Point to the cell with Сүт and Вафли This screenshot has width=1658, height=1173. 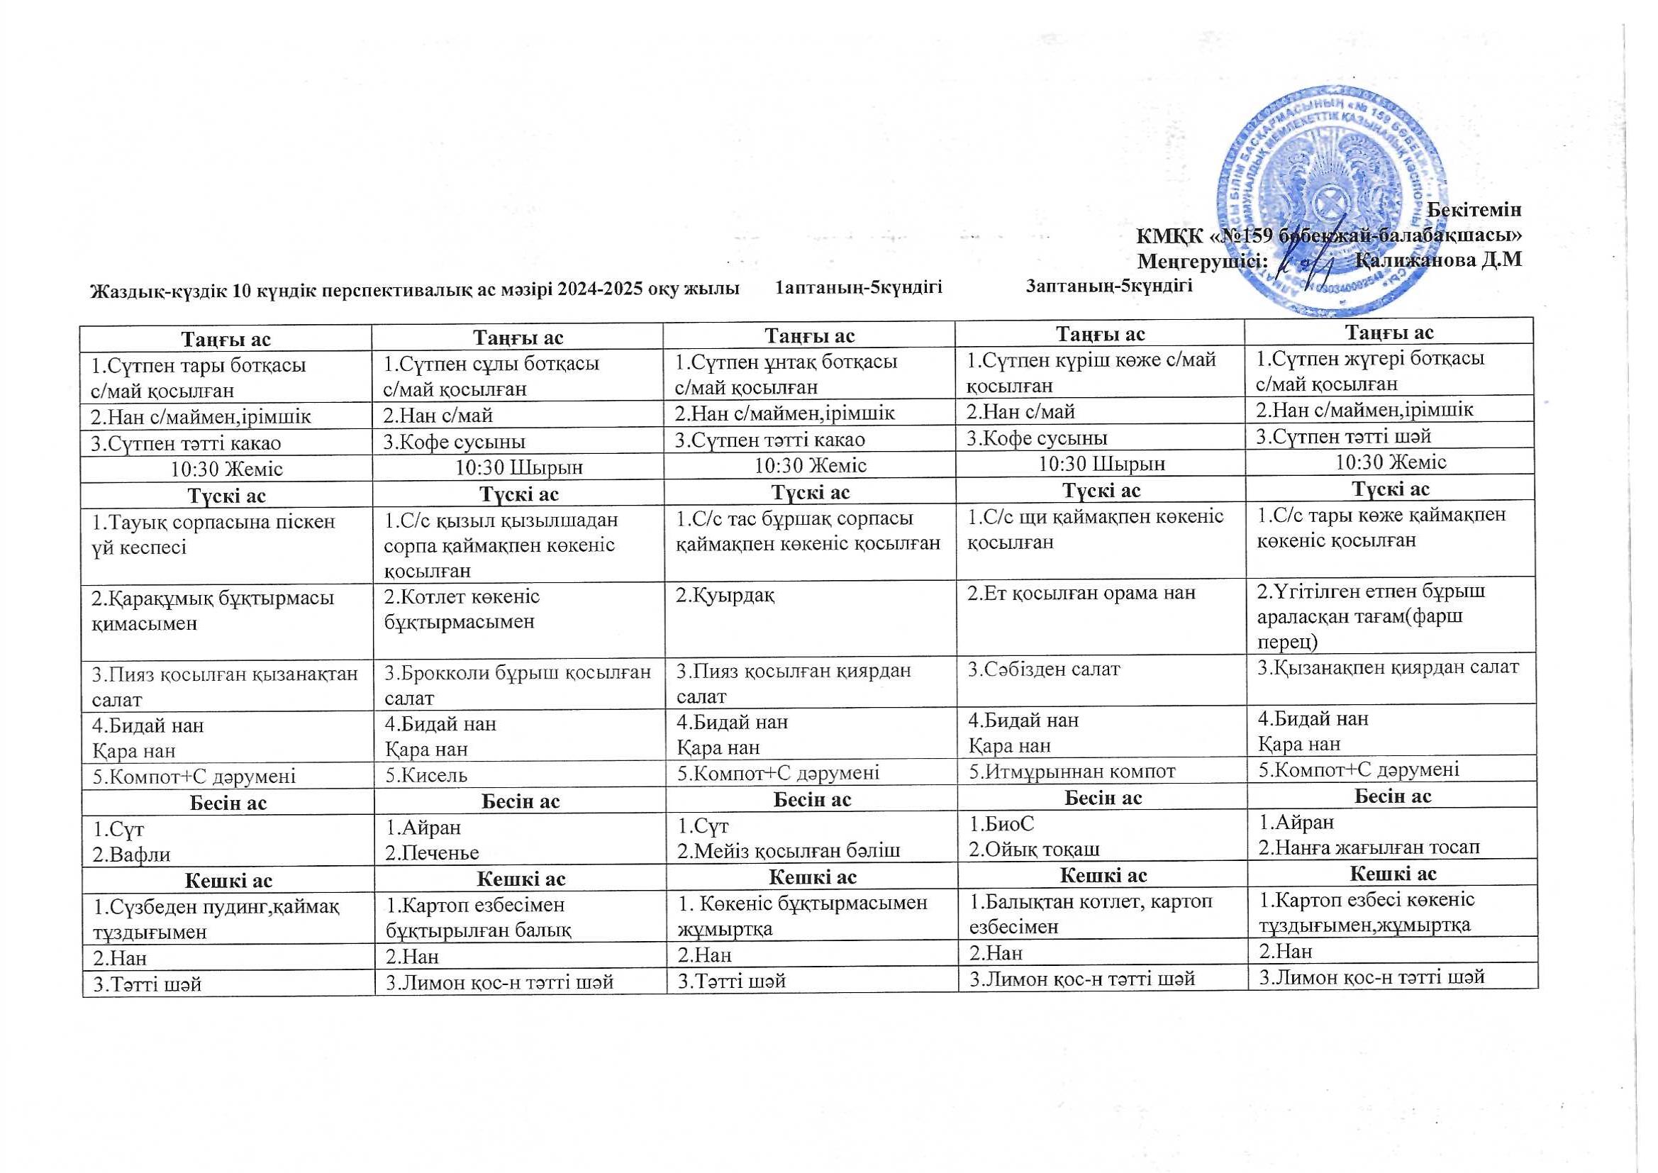point(228,842)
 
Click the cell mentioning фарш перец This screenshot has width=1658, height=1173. point(1390,616)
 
